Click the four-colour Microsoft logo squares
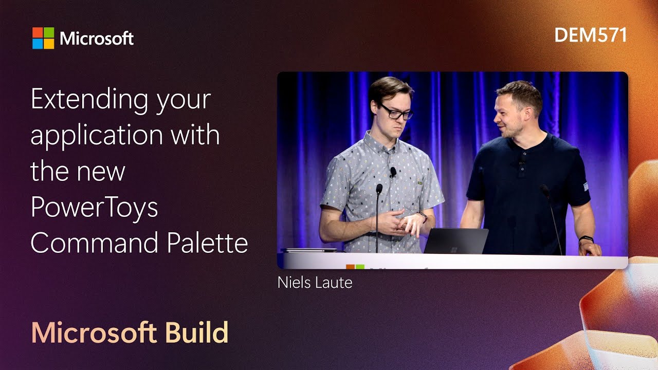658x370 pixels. [43, 38]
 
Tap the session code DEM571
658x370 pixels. [591, 35]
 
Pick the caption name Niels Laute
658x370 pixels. [315, 283]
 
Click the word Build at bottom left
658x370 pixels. [197, 333]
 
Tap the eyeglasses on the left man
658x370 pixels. [395, 112]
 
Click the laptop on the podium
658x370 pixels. [455, 241]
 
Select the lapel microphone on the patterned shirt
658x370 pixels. [393, 172]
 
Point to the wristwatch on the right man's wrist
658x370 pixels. [586, 239]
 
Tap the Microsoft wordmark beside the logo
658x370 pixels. [97, 39]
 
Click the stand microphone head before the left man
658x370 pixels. [379, 189]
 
